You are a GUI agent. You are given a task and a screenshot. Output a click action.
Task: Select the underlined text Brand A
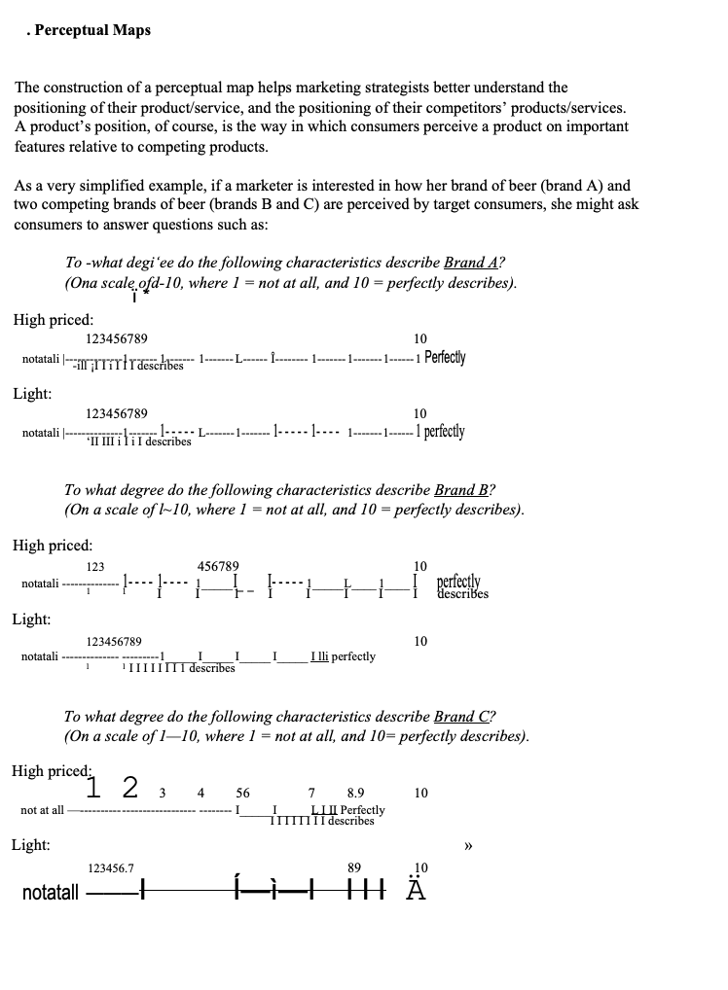[x=471, y=263]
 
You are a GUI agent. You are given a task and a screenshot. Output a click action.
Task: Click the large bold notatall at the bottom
[x=50, y=893]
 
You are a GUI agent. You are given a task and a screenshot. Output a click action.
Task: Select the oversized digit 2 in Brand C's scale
[x=130, y=786]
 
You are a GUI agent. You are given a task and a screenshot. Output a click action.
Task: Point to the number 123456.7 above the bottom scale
[x=111, y=867]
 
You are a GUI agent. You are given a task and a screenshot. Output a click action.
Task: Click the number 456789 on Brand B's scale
[x=218, y=566]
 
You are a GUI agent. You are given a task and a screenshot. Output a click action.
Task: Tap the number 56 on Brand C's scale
[x=242, y=794]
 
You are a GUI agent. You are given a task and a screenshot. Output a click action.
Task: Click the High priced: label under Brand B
[x=53, y=546]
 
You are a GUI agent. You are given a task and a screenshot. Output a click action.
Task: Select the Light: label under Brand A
[x=32, y=394]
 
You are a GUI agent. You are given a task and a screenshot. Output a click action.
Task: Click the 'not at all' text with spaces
[x=42, y=810]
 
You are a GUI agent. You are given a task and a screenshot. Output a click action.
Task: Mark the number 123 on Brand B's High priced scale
[x=95, y=566]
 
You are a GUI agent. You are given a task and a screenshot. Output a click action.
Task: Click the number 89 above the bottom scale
[x=353, y=867]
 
